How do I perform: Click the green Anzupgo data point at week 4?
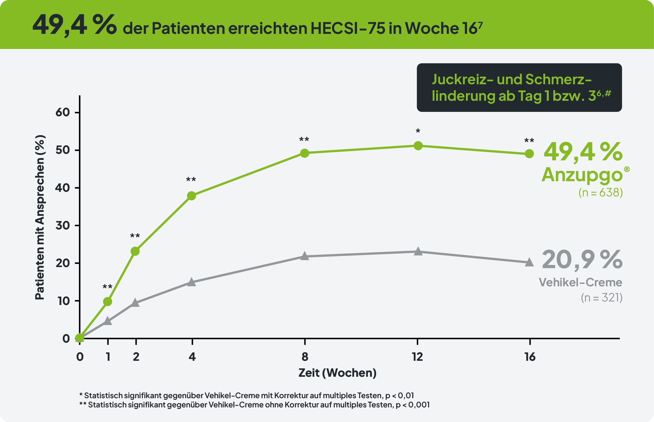(191, 196)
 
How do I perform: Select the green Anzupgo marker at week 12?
(418, 146)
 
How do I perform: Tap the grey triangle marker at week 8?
(304, 256)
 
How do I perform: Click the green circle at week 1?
(108, 302)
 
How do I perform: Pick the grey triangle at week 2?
(135, 303)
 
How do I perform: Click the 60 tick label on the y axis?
(63, 112)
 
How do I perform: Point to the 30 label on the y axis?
(63, 226)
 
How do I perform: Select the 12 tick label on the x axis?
(417, 357)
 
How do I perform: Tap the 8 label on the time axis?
(305, 357)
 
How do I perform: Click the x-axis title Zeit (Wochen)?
(337, 373)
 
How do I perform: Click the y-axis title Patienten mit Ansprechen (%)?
(40, 217)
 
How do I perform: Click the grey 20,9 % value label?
(582, 260)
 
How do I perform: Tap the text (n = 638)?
(600, 193)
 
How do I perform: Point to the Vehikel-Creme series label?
(580, 283)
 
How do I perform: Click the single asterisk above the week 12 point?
(418, 131)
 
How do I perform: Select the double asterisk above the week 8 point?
(304, 140)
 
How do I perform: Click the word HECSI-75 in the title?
(348, 28)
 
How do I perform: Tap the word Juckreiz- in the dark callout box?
(463, 79)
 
